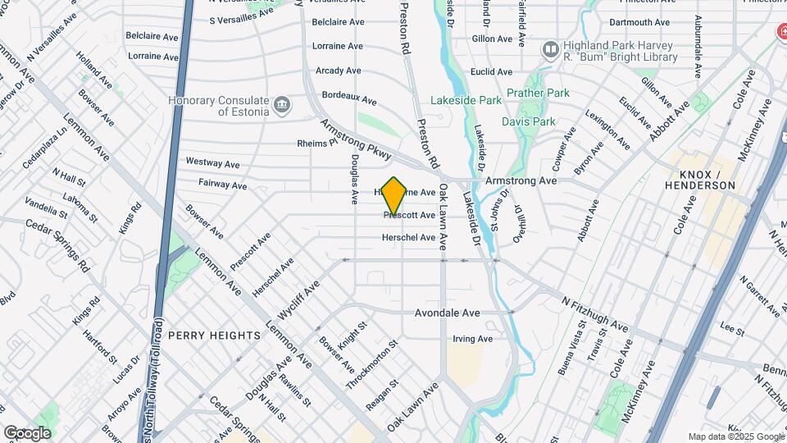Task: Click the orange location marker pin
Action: [394, 194]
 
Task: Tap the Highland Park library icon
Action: [550, 51]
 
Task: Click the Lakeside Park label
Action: [467, 101]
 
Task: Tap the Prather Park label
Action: [538, 94]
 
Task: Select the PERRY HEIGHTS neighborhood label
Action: [214, 336]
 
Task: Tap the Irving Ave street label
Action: [473, 339]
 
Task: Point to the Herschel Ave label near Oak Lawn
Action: [409, 238]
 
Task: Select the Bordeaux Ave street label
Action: [349, 98]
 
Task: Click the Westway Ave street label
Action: [205, 162]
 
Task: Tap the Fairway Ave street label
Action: [222, 185]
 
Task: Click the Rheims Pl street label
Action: [317, 143]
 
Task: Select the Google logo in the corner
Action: [27, 433]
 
